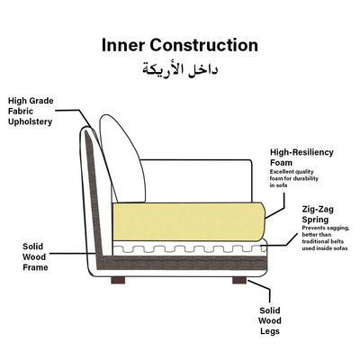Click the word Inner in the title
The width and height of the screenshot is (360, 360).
123,45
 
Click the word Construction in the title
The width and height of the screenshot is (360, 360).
204,45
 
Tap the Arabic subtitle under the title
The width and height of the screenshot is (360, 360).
180,69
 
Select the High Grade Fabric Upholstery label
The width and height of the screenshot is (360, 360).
31,112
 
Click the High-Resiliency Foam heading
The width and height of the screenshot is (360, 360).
301,157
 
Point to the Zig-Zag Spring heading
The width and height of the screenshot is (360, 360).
318,214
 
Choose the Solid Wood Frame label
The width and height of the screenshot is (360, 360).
35,257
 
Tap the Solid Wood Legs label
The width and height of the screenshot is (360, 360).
270,320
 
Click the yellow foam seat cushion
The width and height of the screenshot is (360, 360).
188,221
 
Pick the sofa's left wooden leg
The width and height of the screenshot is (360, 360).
118,280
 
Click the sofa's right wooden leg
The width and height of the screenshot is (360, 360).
239,280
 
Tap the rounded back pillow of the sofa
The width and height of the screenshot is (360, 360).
122,158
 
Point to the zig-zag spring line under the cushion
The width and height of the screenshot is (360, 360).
189,248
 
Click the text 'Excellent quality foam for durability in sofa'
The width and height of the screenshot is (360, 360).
294,178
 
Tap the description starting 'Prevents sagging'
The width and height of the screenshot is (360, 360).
325,238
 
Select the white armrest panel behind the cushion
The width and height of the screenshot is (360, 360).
196,181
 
